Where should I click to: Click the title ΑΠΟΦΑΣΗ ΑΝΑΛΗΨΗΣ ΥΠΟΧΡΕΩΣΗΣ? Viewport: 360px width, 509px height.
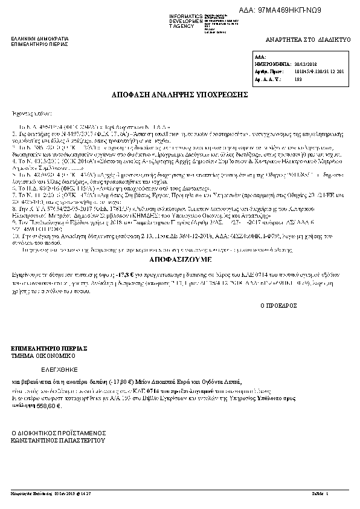pos(179,96)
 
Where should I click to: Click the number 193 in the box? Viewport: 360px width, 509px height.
pos(297,79)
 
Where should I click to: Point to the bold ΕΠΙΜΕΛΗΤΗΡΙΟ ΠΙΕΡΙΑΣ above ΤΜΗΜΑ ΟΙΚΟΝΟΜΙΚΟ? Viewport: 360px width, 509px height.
pos(50,349)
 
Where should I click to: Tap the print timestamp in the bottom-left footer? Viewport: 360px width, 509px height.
pos(50,494)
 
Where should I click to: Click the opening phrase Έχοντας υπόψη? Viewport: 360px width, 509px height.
pos(28,113)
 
